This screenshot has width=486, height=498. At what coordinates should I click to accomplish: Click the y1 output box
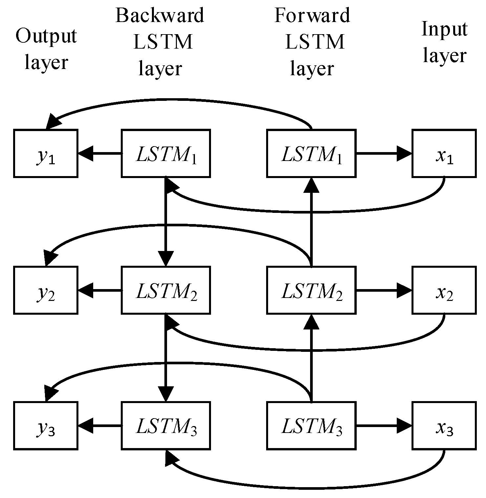coord(46,153)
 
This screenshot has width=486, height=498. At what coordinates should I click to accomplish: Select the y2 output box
coord(46,290)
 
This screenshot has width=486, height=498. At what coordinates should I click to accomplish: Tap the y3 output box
coord(46,425)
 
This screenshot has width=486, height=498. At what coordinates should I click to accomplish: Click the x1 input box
coord(444,153)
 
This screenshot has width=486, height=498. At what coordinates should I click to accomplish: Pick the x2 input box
coord(444,290)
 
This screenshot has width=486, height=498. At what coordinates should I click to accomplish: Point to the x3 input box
coord(444,425)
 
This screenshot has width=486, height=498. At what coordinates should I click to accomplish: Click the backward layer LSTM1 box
coord(166,153)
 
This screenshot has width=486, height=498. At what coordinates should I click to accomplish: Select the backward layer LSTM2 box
coord(166,290)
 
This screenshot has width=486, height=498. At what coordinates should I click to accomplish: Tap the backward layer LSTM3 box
coord(166,425)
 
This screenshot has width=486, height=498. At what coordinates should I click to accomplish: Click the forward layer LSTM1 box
coord(311,153)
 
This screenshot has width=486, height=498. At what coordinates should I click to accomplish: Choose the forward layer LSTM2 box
coord(311,290)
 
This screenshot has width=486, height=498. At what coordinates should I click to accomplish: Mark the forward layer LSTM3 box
coord(311,425)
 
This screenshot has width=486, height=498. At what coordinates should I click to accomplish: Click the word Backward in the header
coord(160,15)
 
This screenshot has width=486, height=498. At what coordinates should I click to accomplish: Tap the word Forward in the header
coord(312,15)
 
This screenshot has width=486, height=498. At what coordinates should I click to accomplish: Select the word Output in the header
coord(46,36)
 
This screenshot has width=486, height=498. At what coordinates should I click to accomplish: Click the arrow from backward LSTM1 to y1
coord(100,153)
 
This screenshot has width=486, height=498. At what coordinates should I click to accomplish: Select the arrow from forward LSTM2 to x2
coord(384,290)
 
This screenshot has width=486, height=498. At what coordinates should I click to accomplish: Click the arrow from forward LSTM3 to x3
coord(384,425)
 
